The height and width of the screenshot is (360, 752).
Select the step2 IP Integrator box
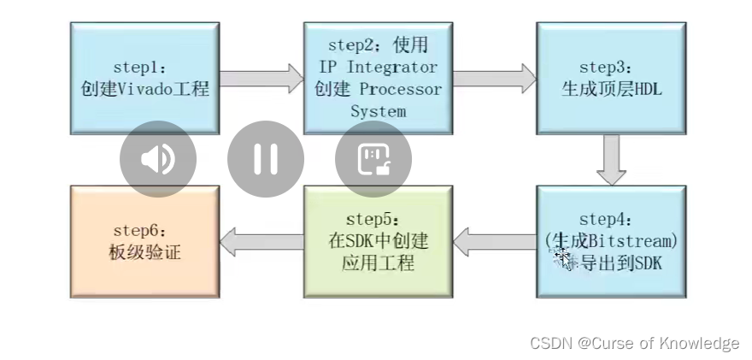coord(378,78)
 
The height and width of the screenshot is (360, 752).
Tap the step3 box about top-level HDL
coord(611,78)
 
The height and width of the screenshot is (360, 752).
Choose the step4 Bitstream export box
coord(611,241)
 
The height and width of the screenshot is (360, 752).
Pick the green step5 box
coord(378,241)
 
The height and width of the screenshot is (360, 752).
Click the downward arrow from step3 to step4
coord(611,160)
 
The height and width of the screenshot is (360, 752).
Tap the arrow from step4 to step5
coord(494,242)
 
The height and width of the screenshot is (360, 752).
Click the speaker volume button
coord(158,159)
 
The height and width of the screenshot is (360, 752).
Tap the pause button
coord(266,159)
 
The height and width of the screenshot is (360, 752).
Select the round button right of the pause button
coord(373,159)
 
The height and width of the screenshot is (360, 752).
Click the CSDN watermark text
coord(634,343)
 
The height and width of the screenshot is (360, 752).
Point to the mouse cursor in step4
coord(561,257)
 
